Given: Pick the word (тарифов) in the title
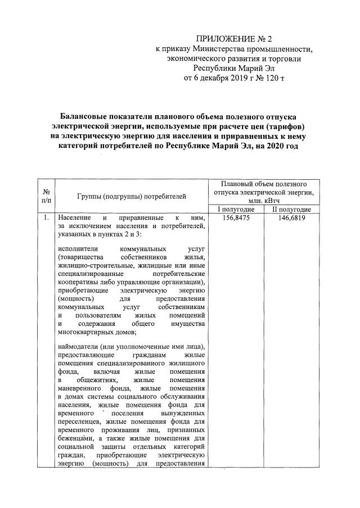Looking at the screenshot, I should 286,126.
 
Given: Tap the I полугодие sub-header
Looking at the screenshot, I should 236,210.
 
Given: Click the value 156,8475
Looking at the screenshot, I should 236,217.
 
